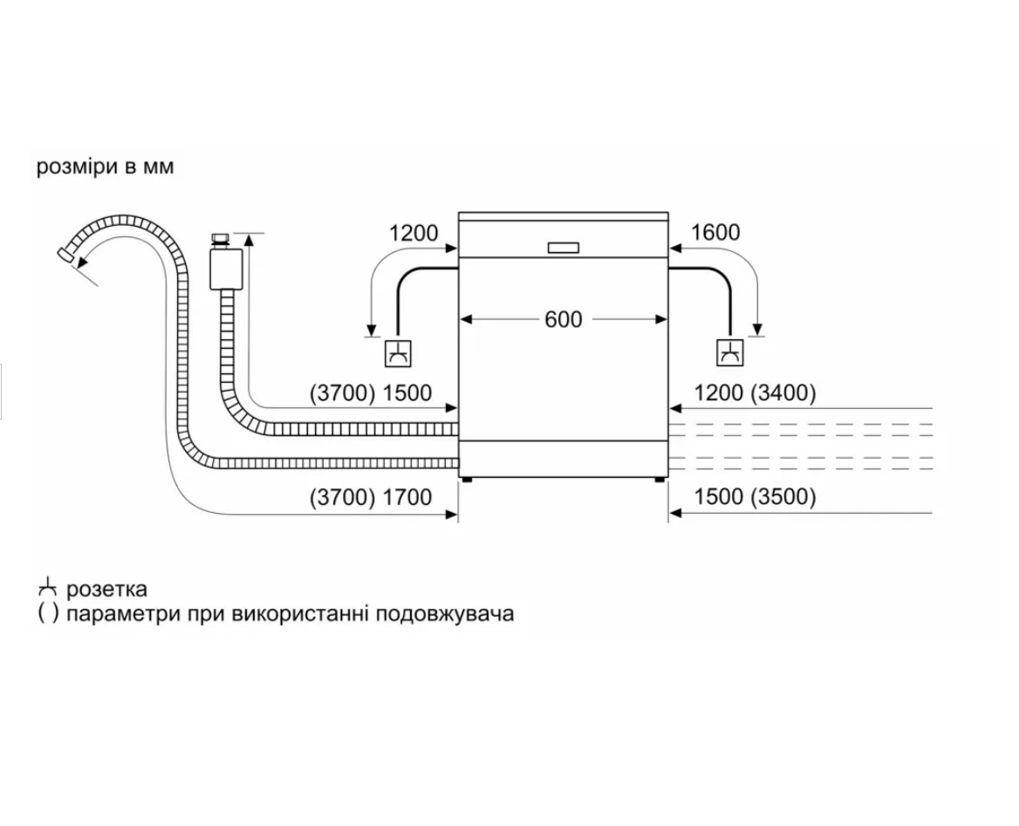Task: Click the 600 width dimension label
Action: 564,319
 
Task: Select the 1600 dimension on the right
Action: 715,232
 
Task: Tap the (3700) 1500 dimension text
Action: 371,393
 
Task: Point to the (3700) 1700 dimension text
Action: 371,497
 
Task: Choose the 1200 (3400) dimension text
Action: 755,393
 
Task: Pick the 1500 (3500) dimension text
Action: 755,496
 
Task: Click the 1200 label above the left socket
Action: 414,233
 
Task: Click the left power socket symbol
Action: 399,353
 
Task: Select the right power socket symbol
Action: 730,353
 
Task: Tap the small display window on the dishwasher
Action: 564,248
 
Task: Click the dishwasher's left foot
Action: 465,481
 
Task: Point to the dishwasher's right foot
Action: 660,481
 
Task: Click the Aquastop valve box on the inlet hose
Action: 225,269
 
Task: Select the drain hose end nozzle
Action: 65,254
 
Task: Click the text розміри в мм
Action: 106,167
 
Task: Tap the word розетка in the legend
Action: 106,590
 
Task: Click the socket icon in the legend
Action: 47,588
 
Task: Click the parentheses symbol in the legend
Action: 47,613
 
